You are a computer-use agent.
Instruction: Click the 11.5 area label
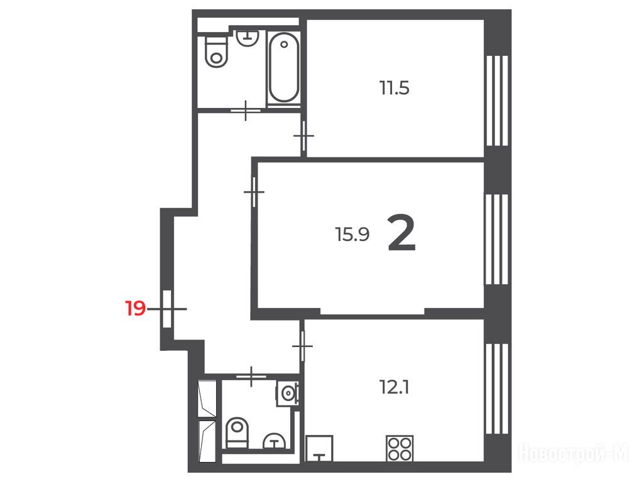click(x=395, y=88)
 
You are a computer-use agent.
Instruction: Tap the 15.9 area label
click(x=352, y=235)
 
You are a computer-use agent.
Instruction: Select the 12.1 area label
click(x=395, y=387)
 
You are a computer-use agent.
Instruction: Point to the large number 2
click(x=402, y=233)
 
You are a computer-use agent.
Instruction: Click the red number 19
click(x=135, y=309)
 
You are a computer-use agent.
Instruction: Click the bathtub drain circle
click(x=284, y=43)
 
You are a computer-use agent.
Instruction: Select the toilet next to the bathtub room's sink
click(x=216, y=52)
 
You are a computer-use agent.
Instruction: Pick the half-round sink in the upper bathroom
click(x=248, y=38)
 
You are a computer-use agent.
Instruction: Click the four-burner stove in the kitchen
click(x=400, y=448)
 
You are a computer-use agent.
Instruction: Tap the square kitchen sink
click(x=319, y=448)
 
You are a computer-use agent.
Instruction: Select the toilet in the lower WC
click(x=236, y=432)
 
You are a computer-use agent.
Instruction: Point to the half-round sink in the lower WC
click(x=275, y=441)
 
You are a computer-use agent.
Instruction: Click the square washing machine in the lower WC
click(x=288, y=394)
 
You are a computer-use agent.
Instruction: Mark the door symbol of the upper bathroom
click(x=246, y=110)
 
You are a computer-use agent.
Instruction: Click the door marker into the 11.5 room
click(x=303, y=136)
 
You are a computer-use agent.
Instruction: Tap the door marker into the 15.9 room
click(x=254, y=191)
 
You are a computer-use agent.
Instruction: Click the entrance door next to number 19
click(x=167, y=309)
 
